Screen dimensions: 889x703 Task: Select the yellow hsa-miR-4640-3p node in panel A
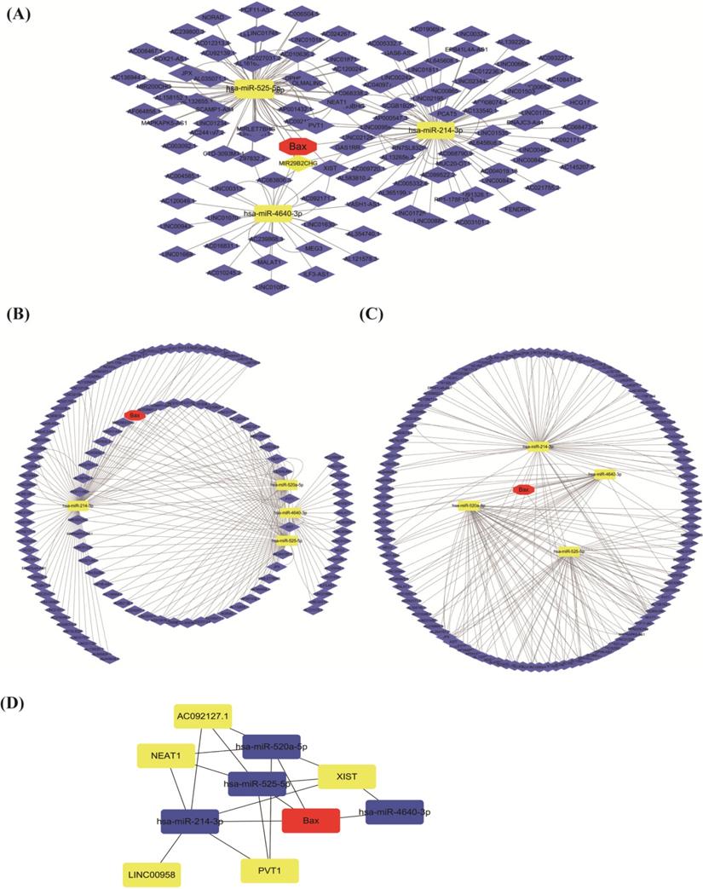pos(268,214)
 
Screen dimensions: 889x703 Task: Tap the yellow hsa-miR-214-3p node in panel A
pos(435,130)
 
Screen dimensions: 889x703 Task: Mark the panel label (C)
pos(371,314)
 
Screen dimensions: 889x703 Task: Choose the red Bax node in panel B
pos(134,415)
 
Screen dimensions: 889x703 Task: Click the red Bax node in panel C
pos(523,490)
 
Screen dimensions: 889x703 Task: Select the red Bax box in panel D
pos(311,820)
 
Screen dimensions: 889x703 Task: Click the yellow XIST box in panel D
pos(347,776)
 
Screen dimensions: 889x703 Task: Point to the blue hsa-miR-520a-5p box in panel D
pos(274,747)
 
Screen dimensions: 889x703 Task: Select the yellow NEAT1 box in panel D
pos(166,754)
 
